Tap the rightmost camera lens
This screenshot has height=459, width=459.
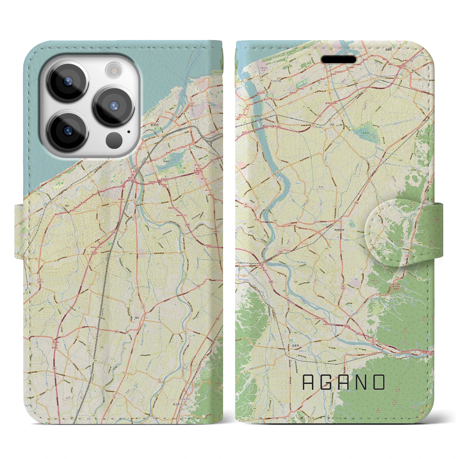[x=114, y=106]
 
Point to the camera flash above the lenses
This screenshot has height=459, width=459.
[x=114, y=70]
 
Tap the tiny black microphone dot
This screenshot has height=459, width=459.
[x=129, y=131]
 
